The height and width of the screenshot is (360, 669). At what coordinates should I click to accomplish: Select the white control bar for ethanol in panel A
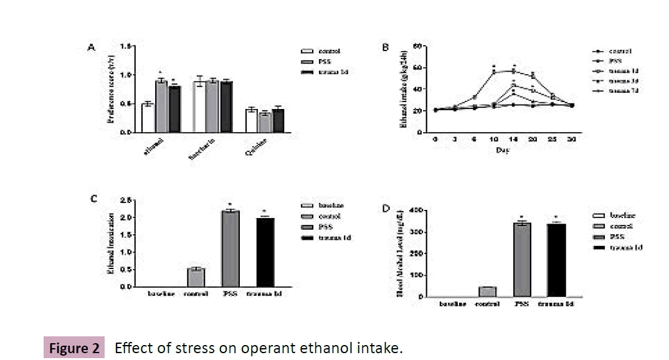pos(148,118)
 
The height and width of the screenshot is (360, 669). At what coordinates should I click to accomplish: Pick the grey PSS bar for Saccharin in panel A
pos(212,107)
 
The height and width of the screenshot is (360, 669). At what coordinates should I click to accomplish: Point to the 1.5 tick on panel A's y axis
pos(126,47)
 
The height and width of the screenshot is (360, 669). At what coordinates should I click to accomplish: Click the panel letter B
pos(385,47)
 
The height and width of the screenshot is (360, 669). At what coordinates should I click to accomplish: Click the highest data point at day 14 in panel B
pos(514,71)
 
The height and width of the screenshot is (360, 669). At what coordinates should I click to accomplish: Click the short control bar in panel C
pos(196,278)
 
